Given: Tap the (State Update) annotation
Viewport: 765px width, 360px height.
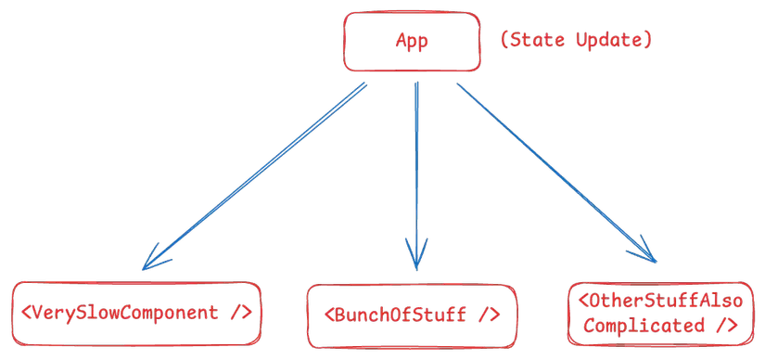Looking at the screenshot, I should (x=575, y=40).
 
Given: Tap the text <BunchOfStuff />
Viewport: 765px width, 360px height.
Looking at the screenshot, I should (x=412, y=315).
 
